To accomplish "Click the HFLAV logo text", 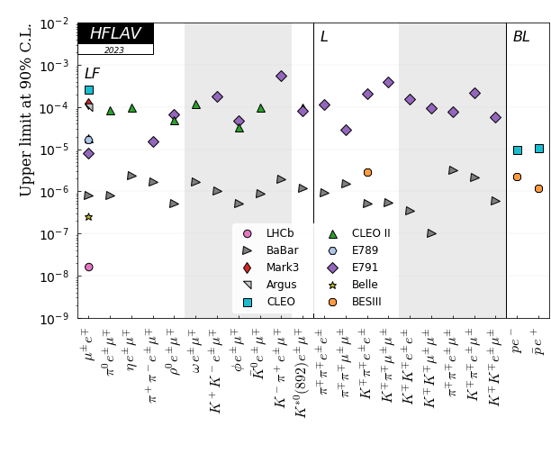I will [114, 33].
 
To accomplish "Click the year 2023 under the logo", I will [114, 50].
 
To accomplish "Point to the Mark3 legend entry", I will [281, 268].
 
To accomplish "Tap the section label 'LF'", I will [92, 73].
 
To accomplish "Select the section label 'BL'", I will [521, 37].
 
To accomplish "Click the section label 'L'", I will [324, 37].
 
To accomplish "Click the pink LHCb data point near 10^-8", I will [88, 267].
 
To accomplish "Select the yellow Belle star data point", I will [88, 217].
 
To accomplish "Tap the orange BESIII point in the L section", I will [367, 172].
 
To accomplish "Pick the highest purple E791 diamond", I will [281, 77].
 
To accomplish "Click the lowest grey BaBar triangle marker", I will [432, 233].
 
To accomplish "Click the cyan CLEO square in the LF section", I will [89, 90].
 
